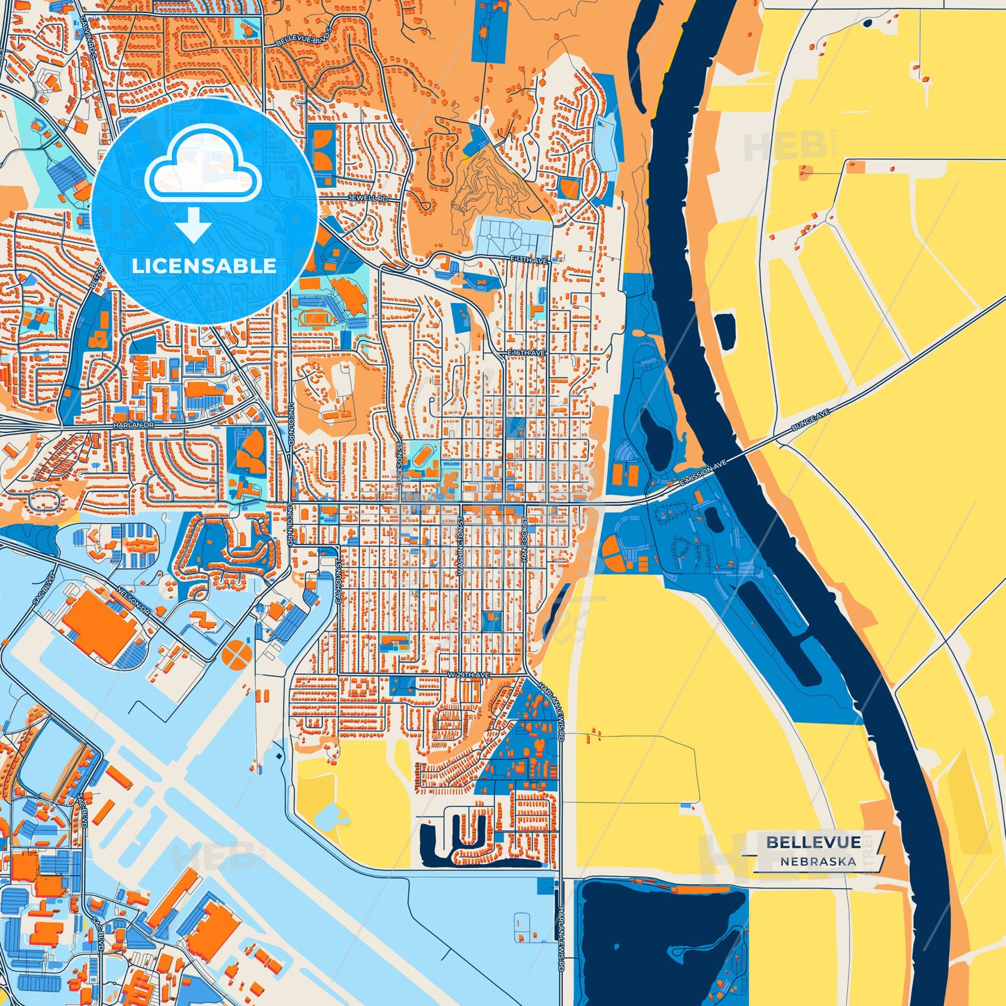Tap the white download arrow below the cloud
[194, 225]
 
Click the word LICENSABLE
[204, 266]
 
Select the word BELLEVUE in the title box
[813, 842]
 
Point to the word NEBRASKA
[818, 861]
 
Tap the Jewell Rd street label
[369, 198]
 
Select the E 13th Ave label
[530, 260]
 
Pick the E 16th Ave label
[527, 354]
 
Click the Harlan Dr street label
[132, 424]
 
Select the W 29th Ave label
[468, 675]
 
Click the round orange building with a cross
[237, 653]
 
